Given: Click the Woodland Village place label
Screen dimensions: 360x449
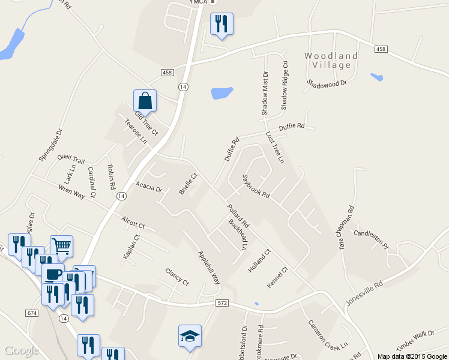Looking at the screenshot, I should point(331,60).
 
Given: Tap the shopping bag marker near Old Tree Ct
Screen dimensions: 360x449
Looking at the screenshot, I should point(145,100).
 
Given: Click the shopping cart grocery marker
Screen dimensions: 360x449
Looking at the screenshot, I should point(61,245).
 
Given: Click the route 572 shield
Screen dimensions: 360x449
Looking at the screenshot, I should point(223,304).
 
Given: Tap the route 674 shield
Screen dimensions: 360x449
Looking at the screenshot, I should point(32,313).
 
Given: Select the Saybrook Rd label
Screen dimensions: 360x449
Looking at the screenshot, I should point(256,187).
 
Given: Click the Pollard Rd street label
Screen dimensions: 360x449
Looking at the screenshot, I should point(238,216).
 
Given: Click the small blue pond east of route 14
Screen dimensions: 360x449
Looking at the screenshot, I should point(221,93).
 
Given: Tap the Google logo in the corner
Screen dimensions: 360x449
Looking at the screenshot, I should point(21,350).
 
